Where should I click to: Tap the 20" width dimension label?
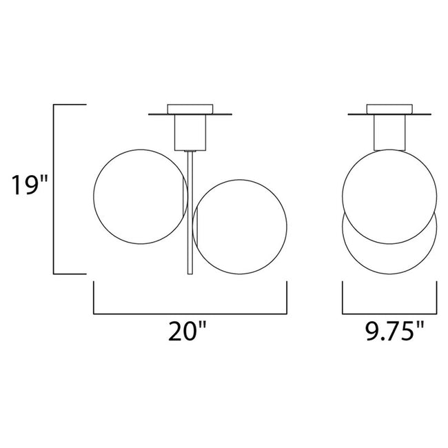pos(187,331)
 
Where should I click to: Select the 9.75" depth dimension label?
pos(395,331)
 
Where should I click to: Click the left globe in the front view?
pos(94,196)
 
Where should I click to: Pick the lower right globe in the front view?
pos(287,227)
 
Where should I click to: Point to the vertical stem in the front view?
pos(190,213)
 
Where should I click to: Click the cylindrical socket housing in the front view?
pos(190,132)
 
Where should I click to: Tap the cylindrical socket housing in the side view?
pos(389,132)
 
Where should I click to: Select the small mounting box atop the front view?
pos(190,109)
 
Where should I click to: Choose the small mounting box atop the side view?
pos(389,109)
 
